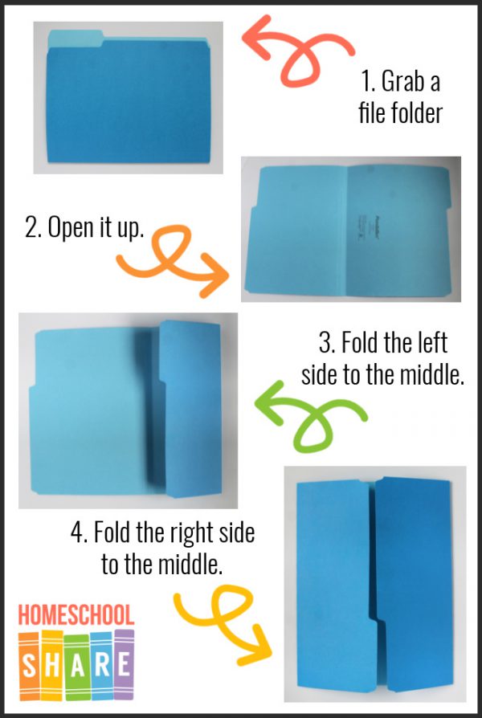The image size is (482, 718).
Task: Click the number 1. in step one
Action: pyautogui.click(x=369, y=83)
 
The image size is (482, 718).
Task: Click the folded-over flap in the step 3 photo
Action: pyautogui.click(x=190, y=410)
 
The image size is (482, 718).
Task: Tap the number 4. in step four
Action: pyautogui.click(x=77, y=532)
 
